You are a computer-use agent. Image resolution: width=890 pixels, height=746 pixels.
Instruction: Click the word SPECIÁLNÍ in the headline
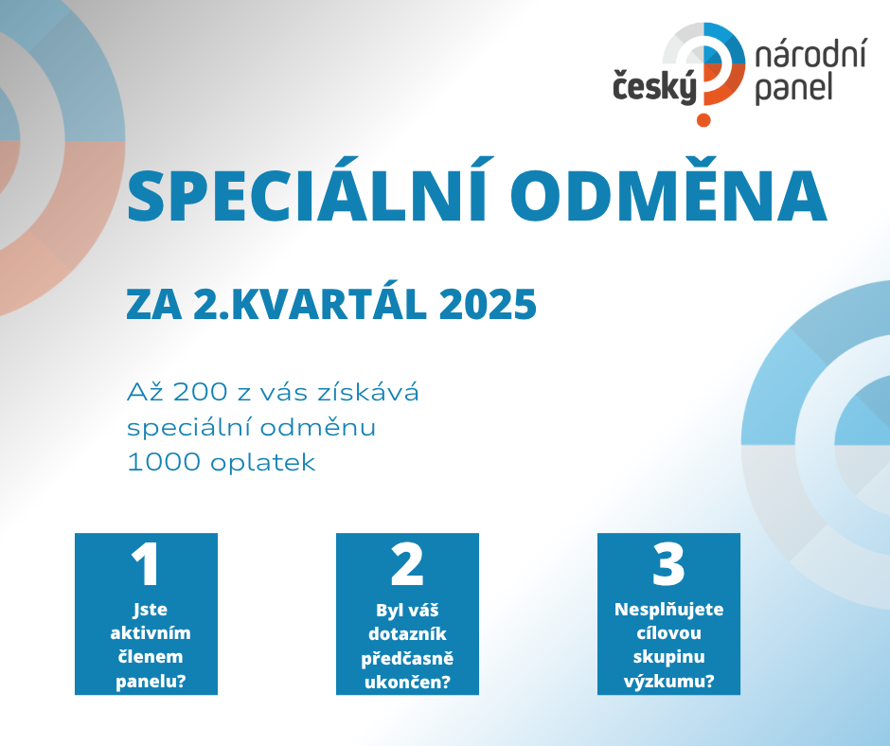pos(307,190)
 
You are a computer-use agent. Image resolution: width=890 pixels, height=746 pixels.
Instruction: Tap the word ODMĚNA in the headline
pos(668,190)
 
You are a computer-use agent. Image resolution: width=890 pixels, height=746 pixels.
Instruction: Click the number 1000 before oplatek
pos(164,462)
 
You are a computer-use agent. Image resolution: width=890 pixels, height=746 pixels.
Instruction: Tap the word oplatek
pos(263,463)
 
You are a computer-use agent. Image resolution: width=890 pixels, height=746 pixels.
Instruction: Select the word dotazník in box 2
pos(407,633)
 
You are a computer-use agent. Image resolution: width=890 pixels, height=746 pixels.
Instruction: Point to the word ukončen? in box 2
pos(407,682)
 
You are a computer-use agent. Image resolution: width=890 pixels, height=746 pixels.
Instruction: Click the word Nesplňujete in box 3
pos(668,610)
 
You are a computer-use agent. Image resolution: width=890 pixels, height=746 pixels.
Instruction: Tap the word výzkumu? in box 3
pos(668,682)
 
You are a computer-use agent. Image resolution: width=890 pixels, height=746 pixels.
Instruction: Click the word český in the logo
pos(654,88)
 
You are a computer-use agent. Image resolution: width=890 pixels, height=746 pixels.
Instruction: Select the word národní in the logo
pos(810,56)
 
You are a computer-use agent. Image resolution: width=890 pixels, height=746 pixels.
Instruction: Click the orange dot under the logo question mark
pos(703,120)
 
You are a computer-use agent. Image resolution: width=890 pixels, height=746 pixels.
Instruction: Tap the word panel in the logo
pos(793,88)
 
